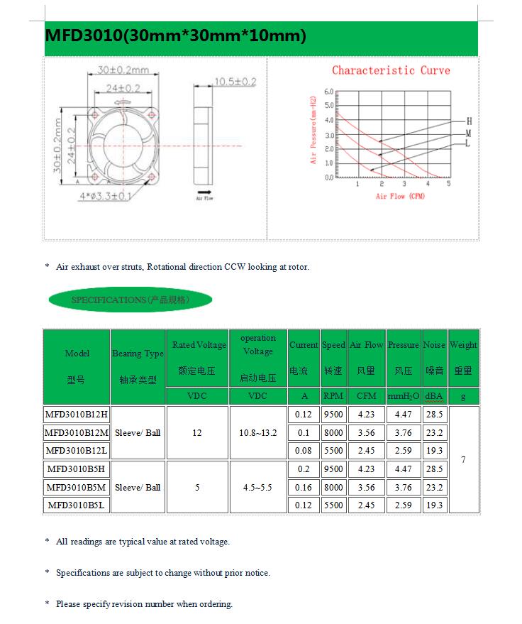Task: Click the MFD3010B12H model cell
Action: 76,414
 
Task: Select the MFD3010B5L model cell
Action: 76,505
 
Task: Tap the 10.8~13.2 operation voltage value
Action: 257,432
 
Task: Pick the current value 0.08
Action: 304,451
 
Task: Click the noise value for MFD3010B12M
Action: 434,432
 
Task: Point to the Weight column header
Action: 463,357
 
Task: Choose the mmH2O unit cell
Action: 404,396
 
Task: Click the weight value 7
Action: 463,460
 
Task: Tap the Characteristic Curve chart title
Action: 391,70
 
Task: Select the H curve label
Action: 469,122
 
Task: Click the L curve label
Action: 467,143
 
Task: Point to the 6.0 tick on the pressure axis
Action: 328,92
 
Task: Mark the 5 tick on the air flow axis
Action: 448,184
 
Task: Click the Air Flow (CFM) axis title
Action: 400,196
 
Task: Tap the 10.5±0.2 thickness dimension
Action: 235,82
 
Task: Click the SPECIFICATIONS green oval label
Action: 130,300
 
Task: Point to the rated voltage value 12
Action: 197,432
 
